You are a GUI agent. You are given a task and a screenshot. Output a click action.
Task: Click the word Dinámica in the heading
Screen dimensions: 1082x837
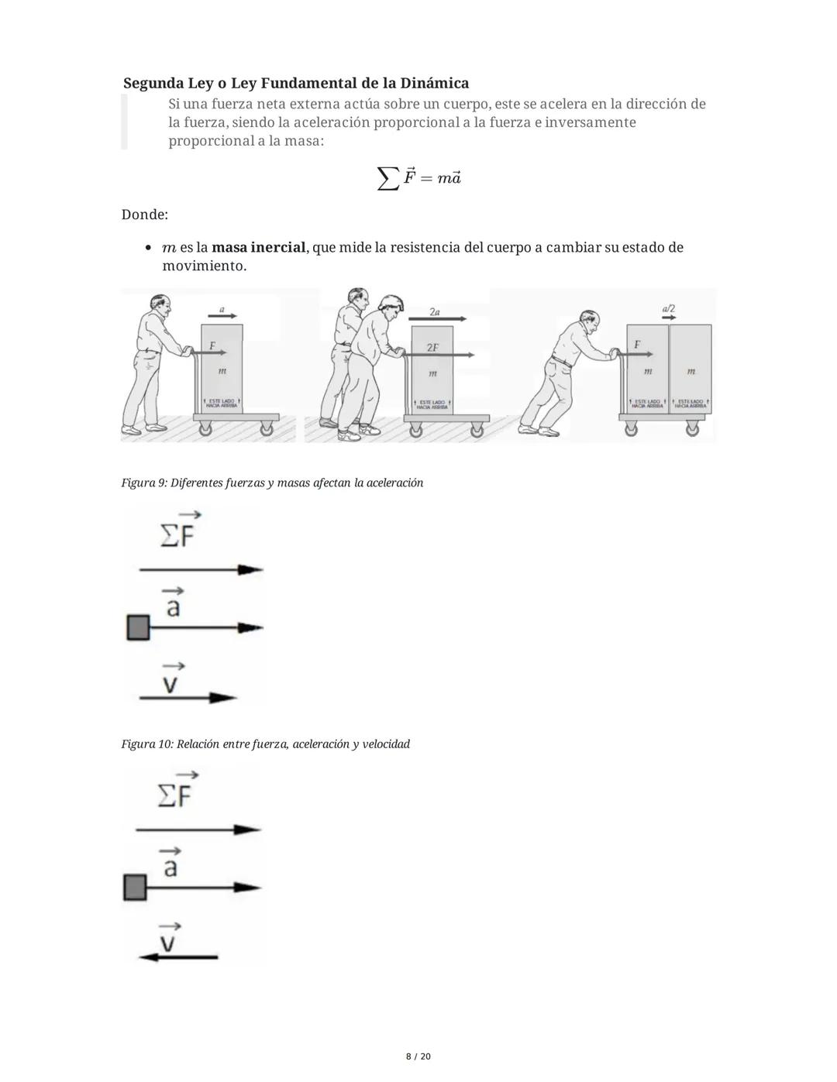(434, 83)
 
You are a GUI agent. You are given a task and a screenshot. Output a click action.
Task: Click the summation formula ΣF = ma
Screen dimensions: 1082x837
(419, 178)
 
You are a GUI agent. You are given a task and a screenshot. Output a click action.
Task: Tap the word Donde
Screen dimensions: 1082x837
(144, 215)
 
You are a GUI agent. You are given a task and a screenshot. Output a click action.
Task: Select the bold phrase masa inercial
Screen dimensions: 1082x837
(259, 248)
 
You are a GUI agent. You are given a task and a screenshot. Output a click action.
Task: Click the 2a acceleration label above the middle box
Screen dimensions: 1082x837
(434, 311)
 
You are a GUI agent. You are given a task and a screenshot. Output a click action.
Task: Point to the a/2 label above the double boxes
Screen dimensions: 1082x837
(668, 308)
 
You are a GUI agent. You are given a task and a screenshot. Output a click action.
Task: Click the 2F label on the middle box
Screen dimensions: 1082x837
(432, 348)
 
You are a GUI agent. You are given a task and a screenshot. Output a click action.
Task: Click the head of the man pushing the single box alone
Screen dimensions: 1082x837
(159, 304)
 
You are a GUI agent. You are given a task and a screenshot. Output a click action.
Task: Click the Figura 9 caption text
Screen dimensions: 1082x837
(272, 483)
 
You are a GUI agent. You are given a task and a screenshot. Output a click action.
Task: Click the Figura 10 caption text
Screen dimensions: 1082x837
(265, 744)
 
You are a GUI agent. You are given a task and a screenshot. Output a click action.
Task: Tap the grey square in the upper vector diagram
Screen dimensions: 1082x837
(138, 627)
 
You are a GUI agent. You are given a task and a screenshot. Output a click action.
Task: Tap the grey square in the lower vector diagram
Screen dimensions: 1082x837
(135, 888)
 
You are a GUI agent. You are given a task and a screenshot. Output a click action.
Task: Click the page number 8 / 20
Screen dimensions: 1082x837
(418, 1056)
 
